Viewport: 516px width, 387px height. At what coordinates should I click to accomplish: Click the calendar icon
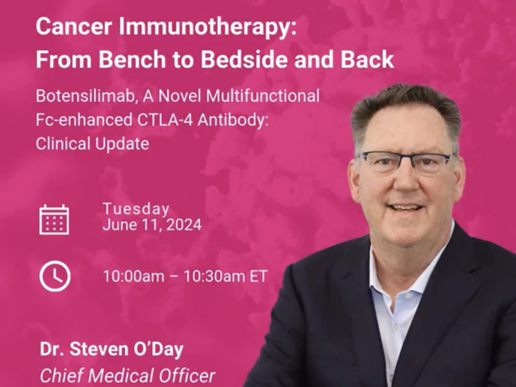tap(54, 219)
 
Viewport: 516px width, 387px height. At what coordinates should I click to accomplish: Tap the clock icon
tap(55, 276)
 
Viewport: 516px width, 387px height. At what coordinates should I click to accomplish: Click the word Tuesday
tap(136, 209)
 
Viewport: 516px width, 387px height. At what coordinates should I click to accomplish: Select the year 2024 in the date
tap(184, 225)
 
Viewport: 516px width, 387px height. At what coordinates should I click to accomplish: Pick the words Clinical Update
tap(92, 144)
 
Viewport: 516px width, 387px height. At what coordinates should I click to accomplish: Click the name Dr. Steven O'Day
tap(112, 350)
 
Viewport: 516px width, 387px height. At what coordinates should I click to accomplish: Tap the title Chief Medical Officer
tap(127, 375)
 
